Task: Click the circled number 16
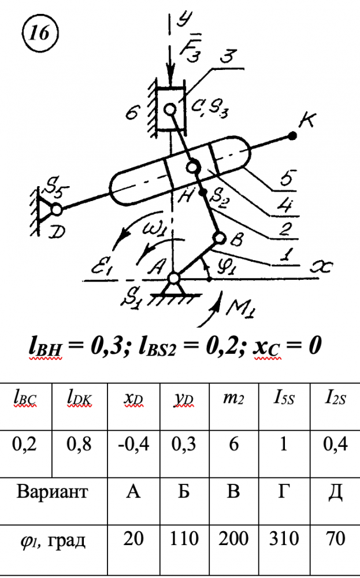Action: tap(40, 34)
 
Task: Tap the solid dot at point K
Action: tap(292, 136)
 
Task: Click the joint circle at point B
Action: tap(220, 239)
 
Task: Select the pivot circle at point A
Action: tap(173, 279)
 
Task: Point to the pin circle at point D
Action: tap(57, 209)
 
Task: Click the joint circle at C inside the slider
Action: tap(170, 109)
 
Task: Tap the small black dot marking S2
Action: tap(202, 192)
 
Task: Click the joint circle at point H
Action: tap(192, 167)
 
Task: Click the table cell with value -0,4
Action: tap(133, 444)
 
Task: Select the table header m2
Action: tap(233, 399)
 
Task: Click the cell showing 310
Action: tap(284, 539)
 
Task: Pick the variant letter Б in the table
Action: tap(184, 491)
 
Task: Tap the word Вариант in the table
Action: tap(53, 491)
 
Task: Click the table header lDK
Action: tap(79, 399)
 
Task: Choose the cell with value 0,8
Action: tap(79, 444)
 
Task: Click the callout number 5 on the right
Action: tap(287, 179)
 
